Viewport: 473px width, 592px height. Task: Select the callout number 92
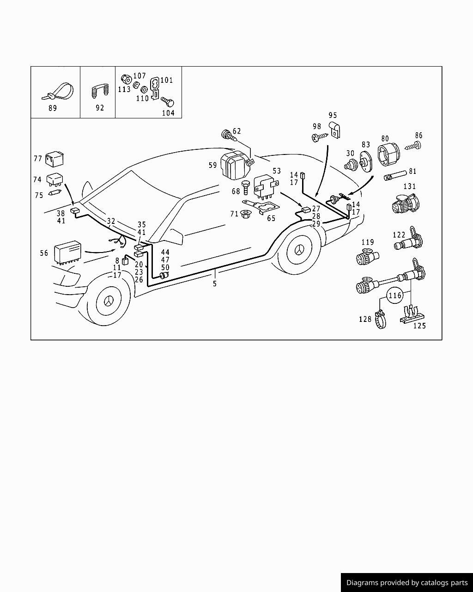coord(100,108)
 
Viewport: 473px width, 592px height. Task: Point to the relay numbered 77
coord(55,159)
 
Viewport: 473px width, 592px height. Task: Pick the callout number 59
coord(212,165)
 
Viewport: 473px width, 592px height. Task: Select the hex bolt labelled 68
coord(246,188)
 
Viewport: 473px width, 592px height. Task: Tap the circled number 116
coord(395,296)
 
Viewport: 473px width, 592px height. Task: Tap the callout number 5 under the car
coord(215,284)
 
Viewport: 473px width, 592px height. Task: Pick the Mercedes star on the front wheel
coord(108,301)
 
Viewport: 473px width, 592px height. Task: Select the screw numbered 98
coord(319,137)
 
